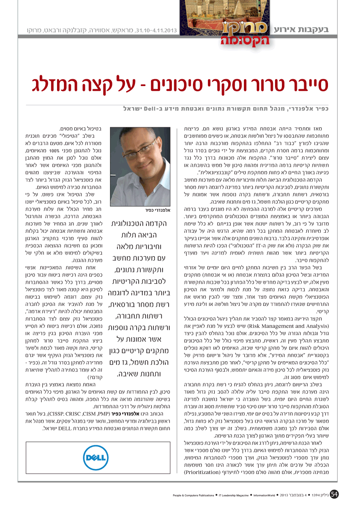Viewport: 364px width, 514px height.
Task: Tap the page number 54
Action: pos(334,494)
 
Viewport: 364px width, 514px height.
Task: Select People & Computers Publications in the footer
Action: pos(193,495)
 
